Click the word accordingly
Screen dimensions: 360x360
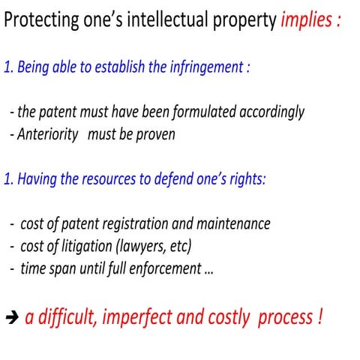pyautogui.click(x=271, y=112)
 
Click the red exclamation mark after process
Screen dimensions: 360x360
pyautogui.click(x=319, y=316)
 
